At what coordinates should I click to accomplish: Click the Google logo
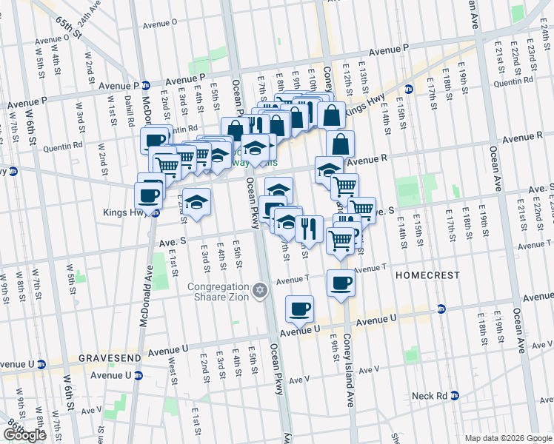24,435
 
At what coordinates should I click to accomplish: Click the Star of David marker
259,289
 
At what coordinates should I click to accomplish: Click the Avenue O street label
159,24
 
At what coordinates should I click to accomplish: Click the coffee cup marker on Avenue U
299,309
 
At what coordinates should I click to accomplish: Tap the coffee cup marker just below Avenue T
341,283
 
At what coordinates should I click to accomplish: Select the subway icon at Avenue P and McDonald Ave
147,85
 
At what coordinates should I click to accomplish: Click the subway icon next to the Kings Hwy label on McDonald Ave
156,212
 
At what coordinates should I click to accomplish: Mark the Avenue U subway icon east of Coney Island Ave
441,309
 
